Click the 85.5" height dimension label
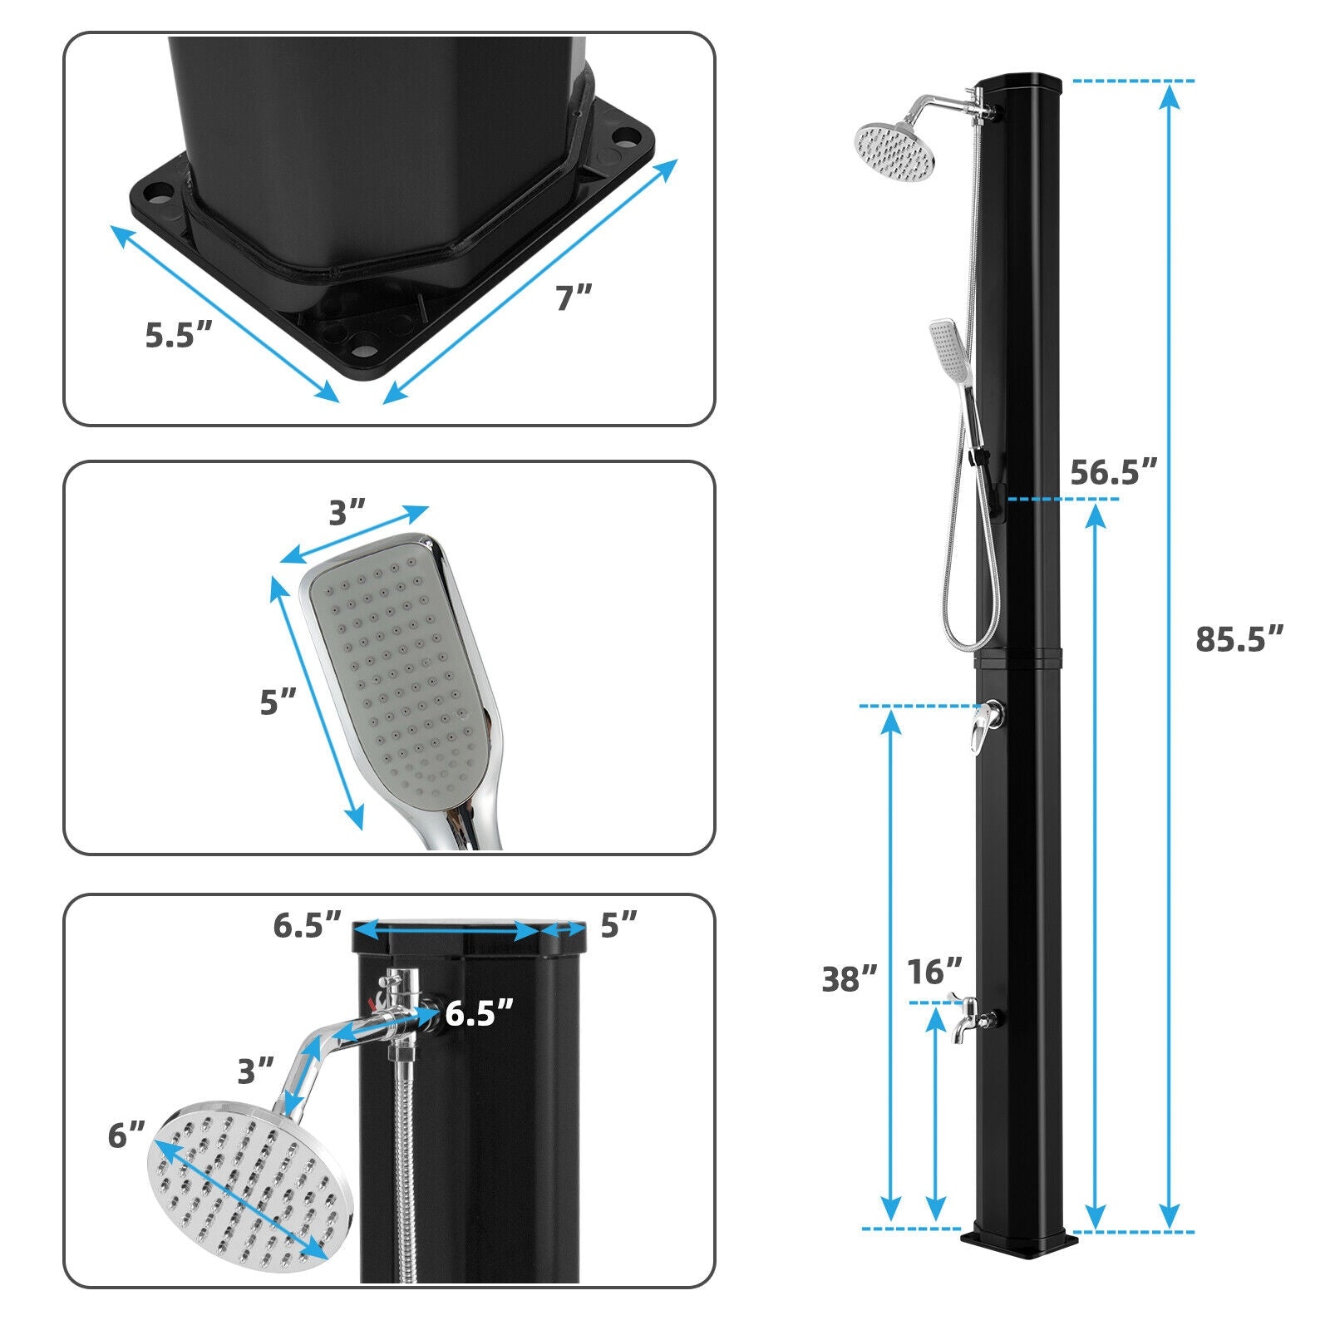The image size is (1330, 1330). (x=1239, y=640)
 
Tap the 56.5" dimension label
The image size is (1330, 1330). (x=1113, y=472)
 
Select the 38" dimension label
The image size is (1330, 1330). (x=849, y=979)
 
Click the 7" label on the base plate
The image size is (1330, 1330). (x=574, y=297)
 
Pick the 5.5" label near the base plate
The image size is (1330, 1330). (x=179, y=335)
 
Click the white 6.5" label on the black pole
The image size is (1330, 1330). (x=479, y=1014)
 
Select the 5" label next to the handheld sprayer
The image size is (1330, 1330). (x=278, y=702)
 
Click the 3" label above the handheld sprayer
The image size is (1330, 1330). (x=347, y=513)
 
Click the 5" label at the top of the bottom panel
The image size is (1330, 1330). (x=618, y=924)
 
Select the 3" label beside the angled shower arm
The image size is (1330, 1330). (x=255, y=1071)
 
